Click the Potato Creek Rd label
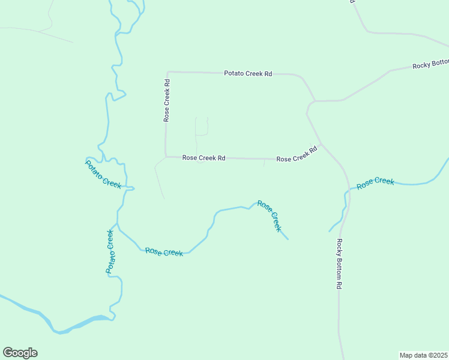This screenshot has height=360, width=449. pos(248,73)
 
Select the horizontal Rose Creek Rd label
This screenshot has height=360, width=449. pos(203,158)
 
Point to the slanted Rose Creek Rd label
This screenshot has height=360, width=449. pos(297,155)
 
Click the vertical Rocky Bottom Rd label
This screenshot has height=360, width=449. pos(339,264)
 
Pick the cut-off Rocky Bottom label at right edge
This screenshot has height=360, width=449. pos(430,64)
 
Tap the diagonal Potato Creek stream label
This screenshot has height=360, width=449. pos(103,174)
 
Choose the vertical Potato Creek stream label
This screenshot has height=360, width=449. pos(110,251)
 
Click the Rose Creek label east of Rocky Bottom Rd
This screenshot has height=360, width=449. pos(375,183)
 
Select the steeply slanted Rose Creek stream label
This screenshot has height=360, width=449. pos(269,215)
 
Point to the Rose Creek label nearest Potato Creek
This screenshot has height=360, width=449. pos(164,252)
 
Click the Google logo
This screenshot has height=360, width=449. pos(20,353)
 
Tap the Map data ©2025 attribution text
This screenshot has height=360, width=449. pos(423,355)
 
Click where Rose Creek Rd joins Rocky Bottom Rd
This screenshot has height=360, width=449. pos(321,144)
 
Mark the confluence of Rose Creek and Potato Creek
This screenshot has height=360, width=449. pos(118,227)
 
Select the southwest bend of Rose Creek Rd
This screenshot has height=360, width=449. pos(166,157)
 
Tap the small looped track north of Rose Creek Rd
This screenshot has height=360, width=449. pos(201,127)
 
